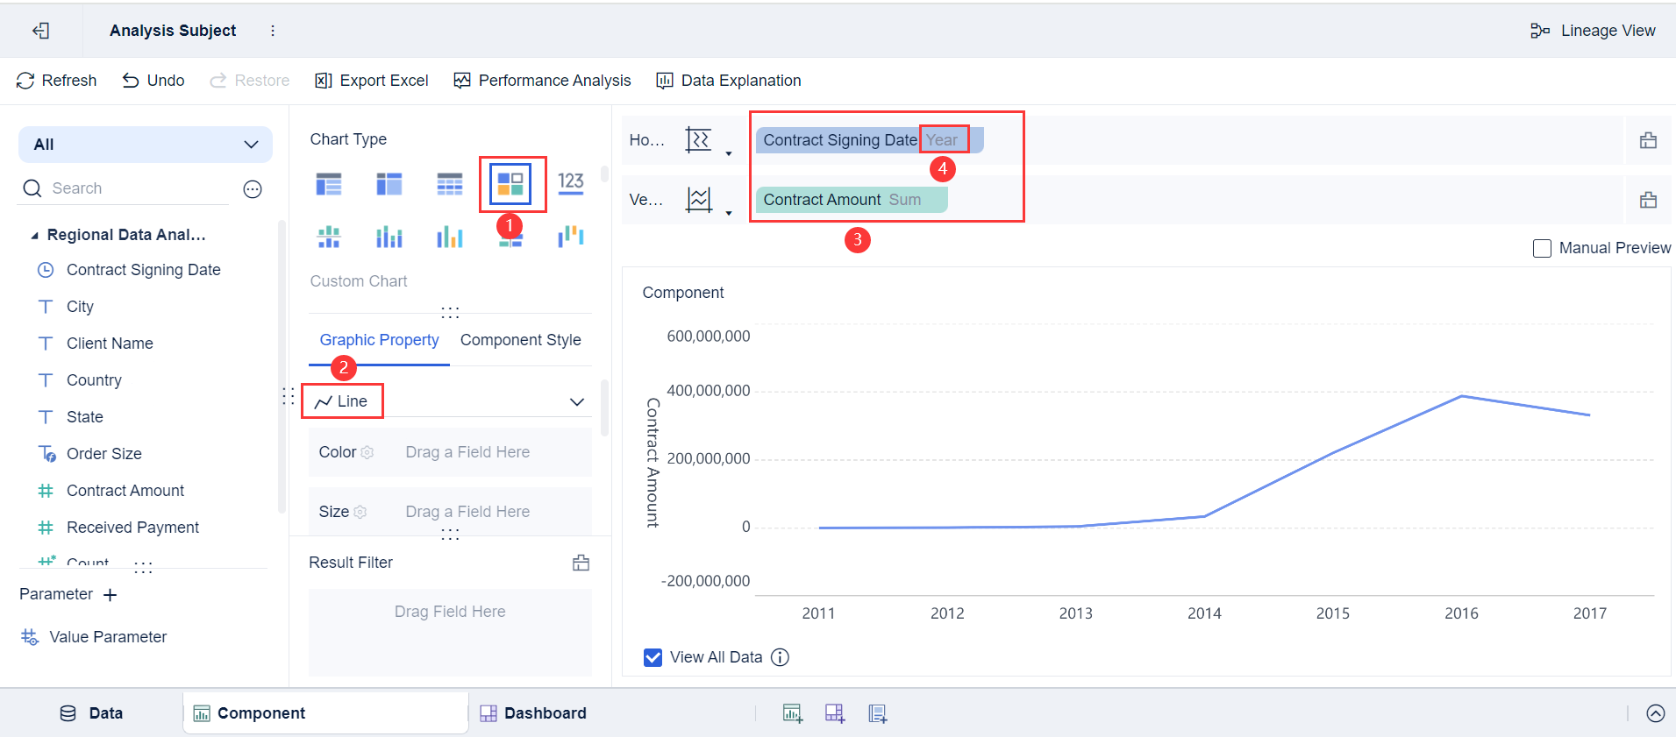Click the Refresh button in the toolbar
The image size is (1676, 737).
(x=57, y=81)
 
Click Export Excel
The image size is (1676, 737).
(x=372, y=81)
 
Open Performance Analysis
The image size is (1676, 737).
(x=542, y=81)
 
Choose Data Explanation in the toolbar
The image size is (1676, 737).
(x=729, y=81)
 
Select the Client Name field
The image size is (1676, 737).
(x=110, y=344)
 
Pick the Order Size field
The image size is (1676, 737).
(x=103, y=454)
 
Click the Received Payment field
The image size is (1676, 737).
(x=132, y=528)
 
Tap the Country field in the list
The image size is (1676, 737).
(x=94, y=380)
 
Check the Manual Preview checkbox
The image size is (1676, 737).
(x=1542, y=249)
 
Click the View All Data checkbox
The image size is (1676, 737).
(x=653, y=657)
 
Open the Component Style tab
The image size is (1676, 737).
(x=520, y=340)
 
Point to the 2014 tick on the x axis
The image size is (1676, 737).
(x=1204, y=613)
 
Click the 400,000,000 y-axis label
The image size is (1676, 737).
(x=708, y=391)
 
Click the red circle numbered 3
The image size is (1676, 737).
(x=857, y=239)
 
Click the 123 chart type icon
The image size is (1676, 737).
(x=571, y=182)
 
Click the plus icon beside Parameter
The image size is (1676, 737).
(x=110, y=595)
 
